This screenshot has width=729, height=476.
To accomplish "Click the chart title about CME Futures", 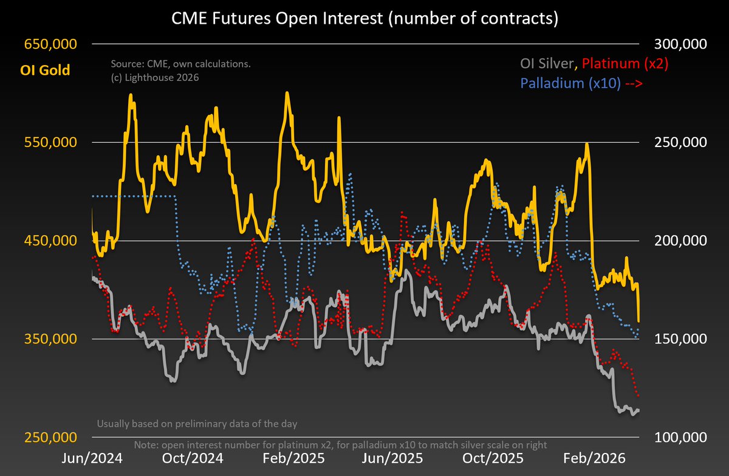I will point(364,19).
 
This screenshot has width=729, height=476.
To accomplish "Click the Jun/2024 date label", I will point(92,457).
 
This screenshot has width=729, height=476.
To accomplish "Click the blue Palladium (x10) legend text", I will point(569,84).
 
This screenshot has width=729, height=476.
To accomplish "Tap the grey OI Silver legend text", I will point(547,63).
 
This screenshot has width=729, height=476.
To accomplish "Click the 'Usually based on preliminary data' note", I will point(197,423).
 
